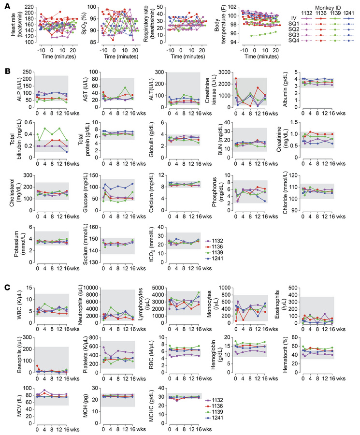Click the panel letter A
point(5,6)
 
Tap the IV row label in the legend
point(293,18)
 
